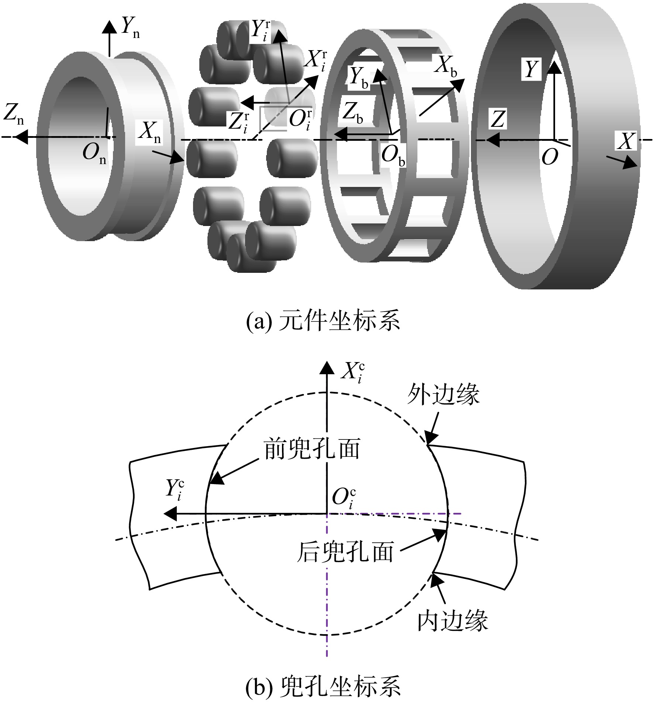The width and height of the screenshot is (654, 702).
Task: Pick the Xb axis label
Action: pos(445,66)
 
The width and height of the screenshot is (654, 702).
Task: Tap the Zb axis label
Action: pos(352,112)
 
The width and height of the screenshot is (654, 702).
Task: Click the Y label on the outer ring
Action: pos(531,69)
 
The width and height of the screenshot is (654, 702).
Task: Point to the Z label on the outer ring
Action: pos(498,119)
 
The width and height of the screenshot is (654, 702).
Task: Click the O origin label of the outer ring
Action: pos(550,158)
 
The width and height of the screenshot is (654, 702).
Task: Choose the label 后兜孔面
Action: pos(345,552)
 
